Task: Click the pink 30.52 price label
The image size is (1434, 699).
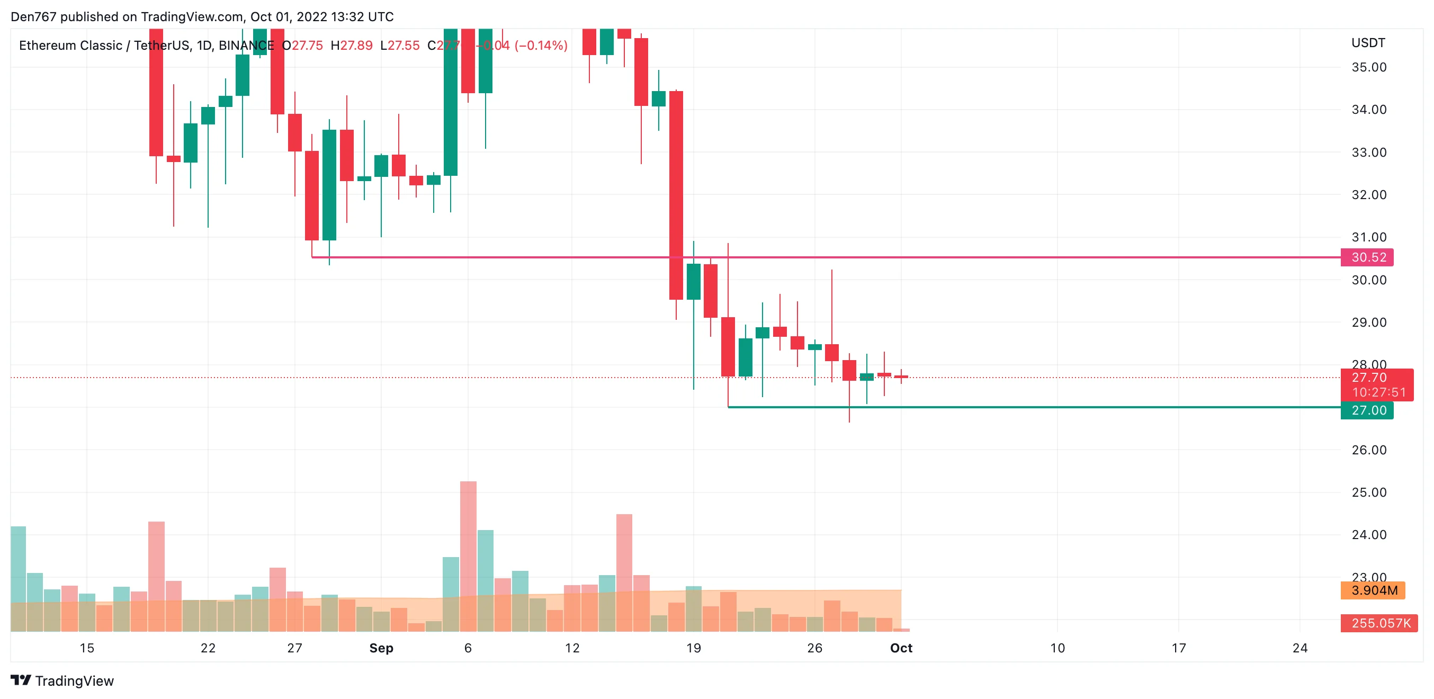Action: (x=1369, y=257)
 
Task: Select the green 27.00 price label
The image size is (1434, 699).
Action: (x=1368, y=410)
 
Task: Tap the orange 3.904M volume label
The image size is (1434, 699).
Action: (x=1373, y=590)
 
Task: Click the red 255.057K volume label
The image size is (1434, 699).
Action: (x=1380, y=623)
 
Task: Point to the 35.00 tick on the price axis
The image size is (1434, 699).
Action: (x=1369, y=67)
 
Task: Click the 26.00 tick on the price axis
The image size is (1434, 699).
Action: (x=1369, y=450)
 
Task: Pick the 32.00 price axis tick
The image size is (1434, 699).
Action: (x=1369, y=195)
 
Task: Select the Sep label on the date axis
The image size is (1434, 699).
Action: (x=381, y=648)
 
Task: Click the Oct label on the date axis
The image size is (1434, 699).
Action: (x=901, y=648)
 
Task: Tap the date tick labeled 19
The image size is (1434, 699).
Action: (x=694, y=648)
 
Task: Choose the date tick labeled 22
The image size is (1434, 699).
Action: (x=208, y=648)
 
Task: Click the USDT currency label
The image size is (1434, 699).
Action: (x=1368, y=43)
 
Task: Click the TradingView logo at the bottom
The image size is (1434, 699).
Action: (x=62, y=680)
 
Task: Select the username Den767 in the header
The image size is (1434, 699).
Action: (x=33, y=17)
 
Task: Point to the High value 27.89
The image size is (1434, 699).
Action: (x=356, y=46)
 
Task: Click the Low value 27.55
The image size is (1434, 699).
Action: (x=404, y=46)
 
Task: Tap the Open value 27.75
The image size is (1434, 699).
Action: (x=307, y=46)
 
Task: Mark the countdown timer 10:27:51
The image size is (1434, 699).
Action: (x=1379, y=392)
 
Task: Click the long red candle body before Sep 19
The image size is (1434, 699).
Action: (x=676, y=195)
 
